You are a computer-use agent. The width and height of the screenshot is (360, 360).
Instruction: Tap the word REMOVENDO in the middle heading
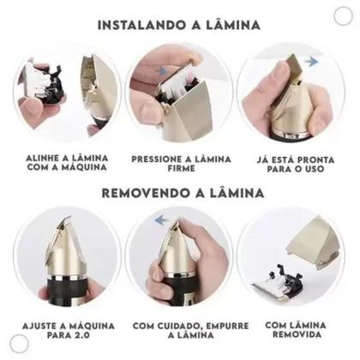pyautogui.click(x=144, y=192)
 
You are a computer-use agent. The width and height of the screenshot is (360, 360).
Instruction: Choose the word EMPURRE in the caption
pyautogui.click(x=209, y=327)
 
